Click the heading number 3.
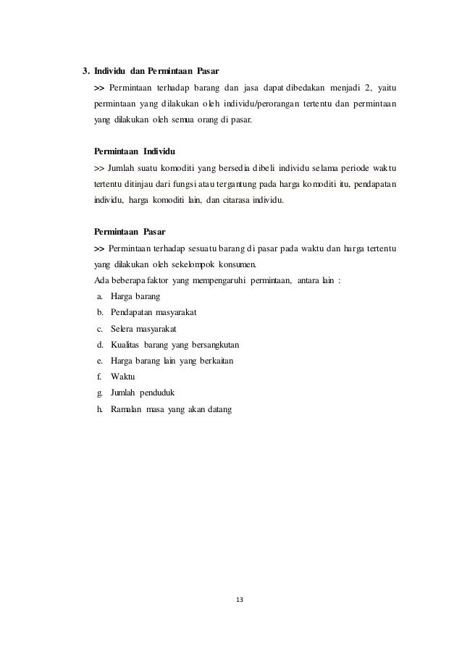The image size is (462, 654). click(x=85, y=71)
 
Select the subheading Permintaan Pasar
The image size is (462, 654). click(x=130, y=232)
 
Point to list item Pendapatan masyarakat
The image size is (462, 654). click(x=154, y=312)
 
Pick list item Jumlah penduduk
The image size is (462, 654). click(x=141, y=393)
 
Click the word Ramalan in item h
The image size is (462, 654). click(x=127, y=410)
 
